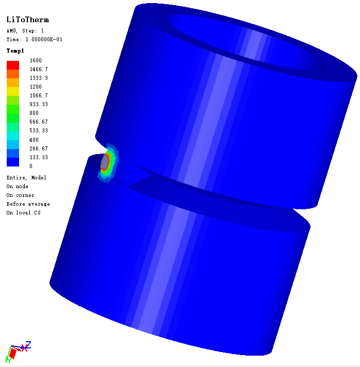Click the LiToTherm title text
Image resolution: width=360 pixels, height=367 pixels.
pos(28,20)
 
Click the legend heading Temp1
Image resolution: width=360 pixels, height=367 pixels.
pos(15,51)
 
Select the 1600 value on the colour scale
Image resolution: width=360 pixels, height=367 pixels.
pos(36,60)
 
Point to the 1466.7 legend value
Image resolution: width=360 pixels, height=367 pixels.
pos(39,69)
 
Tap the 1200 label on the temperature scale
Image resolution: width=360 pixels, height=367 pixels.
pos(36,87)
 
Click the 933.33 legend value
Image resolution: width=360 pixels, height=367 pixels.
pos(39,104)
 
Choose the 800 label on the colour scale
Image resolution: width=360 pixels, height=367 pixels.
pos(34,113)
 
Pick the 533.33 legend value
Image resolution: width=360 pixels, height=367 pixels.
pos(39,130)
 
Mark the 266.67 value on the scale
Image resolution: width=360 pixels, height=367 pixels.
pos(39,148)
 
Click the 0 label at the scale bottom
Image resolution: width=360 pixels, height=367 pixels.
pos(31,166)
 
